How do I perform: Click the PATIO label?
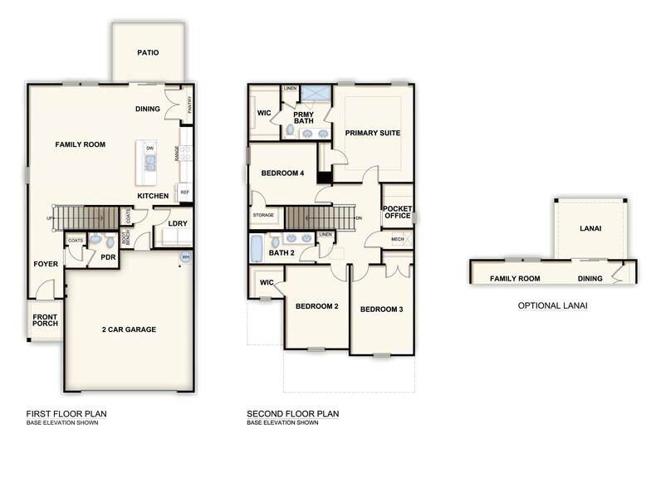[148, 53]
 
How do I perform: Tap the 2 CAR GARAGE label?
[129, 329]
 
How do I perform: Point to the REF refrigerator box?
[184, 192]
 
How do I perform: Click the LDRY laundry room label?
[177, 223]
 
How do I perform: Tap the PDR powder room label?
[107, 257]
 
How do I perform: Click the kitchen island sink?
[150, 163]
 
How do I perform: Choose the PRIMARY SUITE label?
[373, 133]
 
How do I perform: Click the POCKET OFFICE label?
[397, 212]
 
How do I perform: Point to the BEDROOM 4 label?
[282, 173]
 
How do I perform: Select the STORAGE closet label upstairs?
[262, 215]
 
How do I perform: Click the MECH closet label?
[398, 239]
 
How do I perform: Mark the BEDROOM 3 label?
[381, 310]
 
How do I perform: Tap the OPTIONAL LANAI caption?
[552, 305]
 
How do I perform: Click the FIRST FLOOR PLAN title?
[66, 414]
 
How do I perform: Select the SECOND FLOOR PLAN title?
[292, 414]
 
